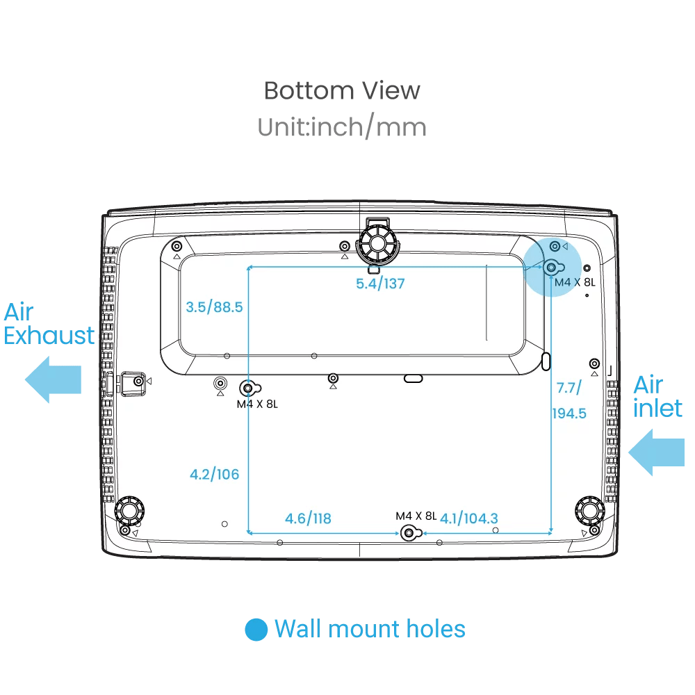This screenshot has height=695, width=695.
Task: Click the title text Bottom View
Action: click(342, 90)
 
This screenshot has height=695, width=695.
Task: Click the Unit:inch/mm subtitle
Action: click(342, 127)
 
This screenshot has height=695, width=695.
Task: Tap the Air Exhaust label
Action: click(49, 324)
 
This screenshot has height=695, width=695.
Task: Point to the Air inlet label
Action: click(657, 396)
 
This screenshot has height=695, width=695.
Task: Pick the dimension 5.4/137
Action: click(380, 284)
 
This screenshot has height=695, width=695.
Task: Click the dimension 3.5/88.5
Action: click(214, 306)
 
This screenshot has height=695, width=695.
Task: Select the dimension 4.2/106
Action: click(214, 475)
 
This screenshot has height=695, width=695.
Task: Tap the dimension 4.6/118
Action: click(308, 518)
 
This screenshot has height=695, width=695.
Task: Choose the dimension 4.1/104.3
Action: click(468, 518)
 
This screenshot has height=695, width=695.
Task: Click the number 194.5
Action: click(569, 414)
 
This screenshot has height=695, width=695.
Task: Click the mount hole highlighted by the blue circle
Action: click(552, 267)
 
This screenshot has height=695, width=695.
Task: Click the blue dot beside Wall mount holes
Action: click(256, 630)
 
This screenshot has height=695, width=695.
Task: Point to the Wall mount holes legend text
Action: click(370, 629)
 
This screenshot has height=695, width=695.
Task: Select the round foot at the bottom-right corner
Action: click(589, 512)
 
